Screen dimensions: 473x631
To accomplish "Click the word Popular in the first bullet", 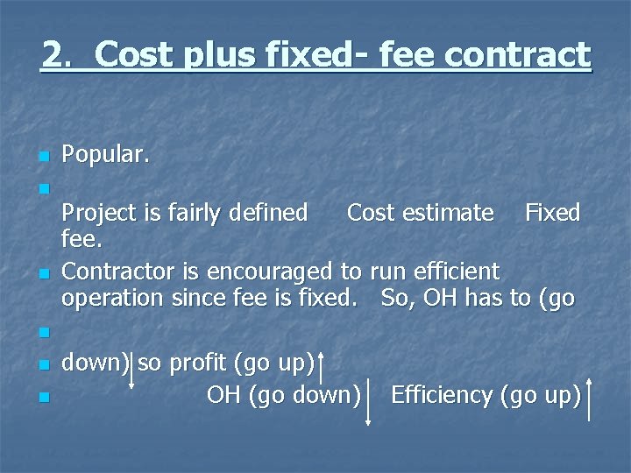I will [105, 156].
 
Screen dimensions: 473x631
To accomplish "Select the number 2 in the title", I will [53, 55].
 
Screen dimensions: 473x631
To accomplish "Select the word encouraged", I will [263, 272].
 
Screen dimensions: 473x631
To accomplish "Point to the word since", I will [195, 298].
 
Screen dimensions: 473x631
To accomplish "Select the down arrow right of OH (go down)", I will [368, 403].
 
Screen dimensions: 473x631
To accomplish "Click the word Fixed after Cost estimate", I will [552, 213].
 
